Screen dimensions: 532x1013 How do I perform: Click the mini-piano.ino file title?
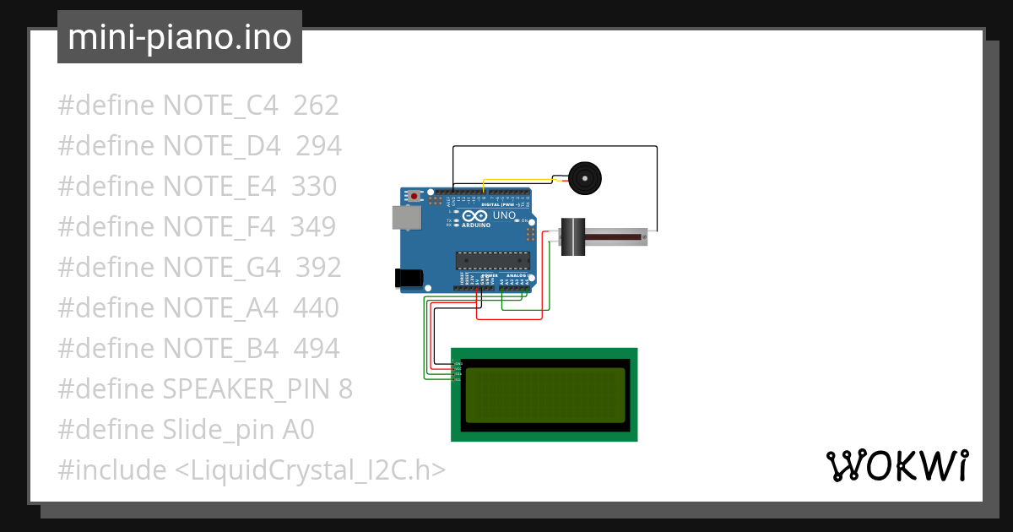click(x=179, y=38)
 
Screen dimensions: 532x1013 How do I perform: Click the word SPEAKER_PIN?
click(x=248, y=389)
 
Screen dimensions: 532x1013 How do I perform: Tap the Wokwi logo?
click(x=897, y=466)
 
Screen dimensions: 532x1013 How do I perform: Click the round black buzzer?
click(x=584, y=177)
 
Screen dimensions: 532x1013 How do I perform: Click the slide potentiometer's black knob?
click(x=573, y=237)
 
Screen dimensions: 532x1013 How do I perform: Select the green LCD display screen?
click(x=544, y=395)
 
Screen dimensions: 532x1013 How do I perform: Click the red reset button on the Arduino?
click(x=414, y=196)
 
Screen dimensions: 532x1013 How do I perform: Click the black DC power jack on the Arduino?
click(x=409, y=278)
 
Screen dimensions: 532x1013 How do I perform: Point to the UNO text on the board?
click(x=504, y=215)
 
